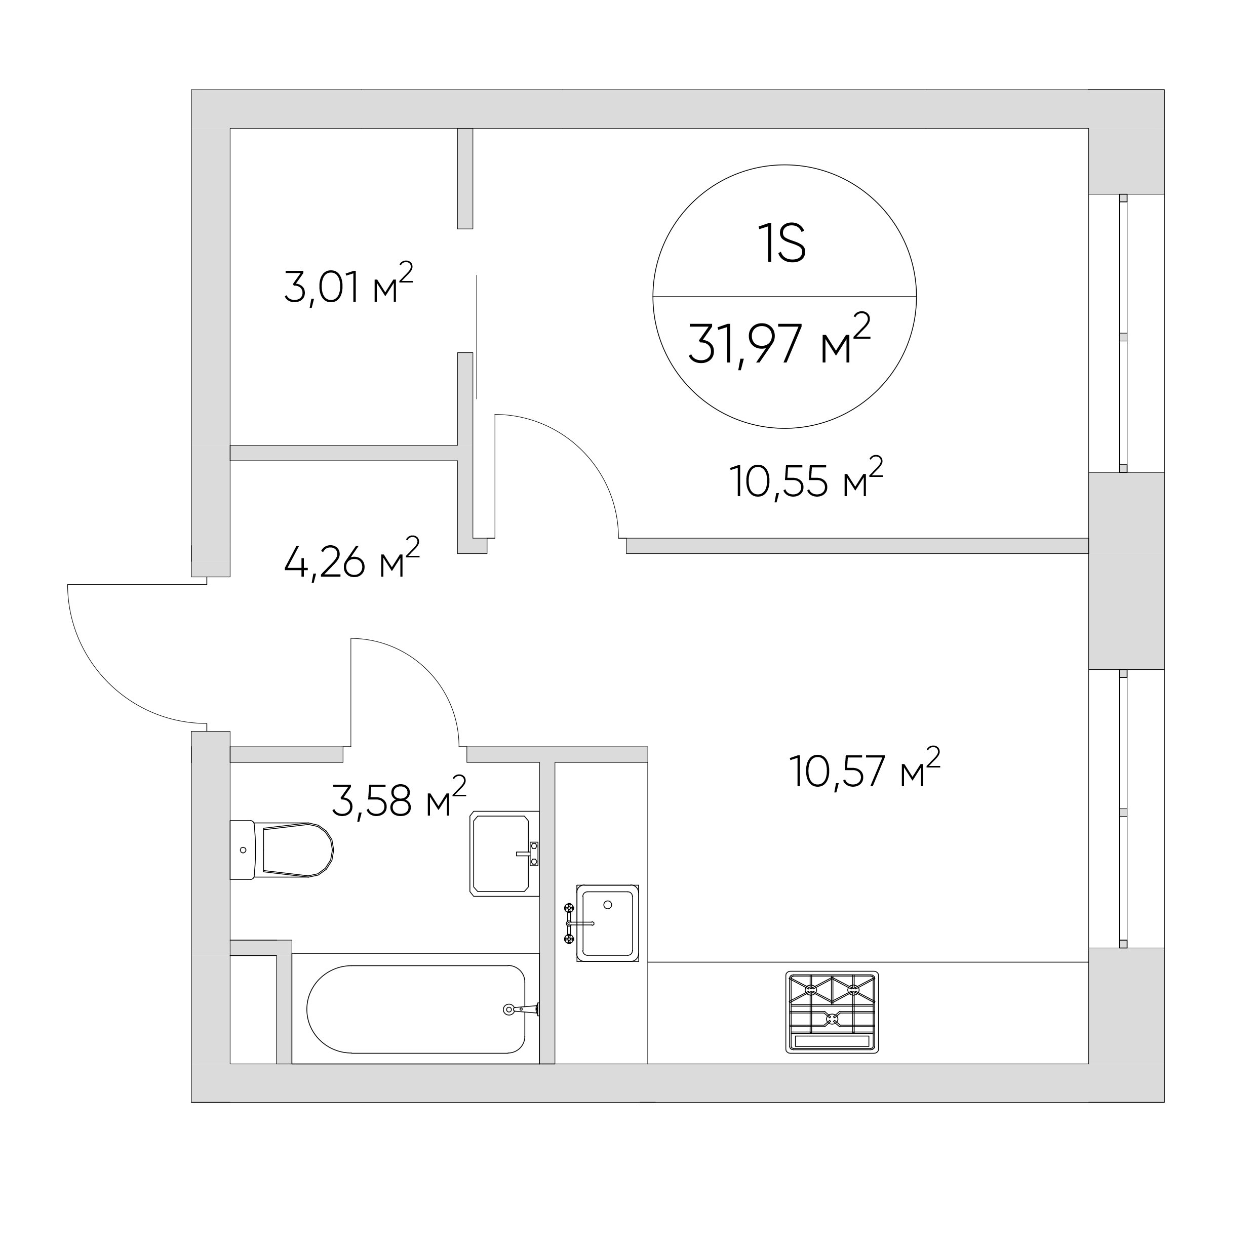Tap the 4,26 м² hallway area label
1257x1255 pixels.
click(352, 558)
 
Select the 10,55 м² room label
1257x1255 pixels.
click(807, 478)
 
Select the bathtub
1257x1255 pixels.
click(416, 1009)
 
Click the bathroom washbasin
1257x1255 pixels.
click(504, 854)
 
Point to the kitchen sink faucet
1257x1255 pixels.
click(578, 923)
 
